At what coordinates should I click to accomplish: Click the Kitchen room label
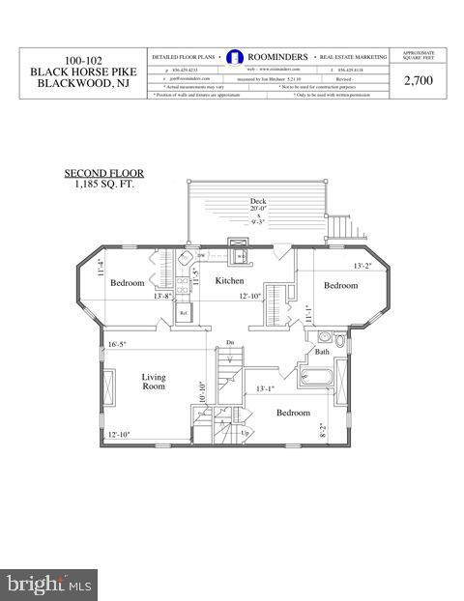click(x=229, y=280)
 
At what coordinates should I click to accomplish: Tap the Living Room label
click(x=153, y=382)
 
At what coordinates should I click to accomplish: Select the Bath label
click(x=321, y=352)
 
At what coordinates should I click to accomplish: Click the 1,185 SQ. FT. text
click(x=101, y=182)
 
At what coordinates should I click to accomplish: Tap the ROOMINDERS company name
click(x=277, y=57)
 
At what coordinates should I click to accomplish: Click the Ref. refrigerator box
click(x=183, y=312)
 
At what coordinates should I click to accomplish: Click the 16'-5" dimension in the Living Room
click(x=118, y=344)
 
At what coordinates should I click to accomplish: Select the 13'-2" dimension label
click(x=335, y=265)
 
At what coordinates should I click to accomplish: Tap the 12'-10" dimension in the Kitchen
click(x=252, y=297)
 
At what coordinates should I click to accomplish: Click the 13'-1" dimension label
click(x=266, y=388)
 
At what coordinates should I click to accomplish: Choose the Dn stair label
click(x=229, y=342)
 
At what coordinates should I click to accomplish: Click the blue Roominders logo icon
click(x=233, y=57)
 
